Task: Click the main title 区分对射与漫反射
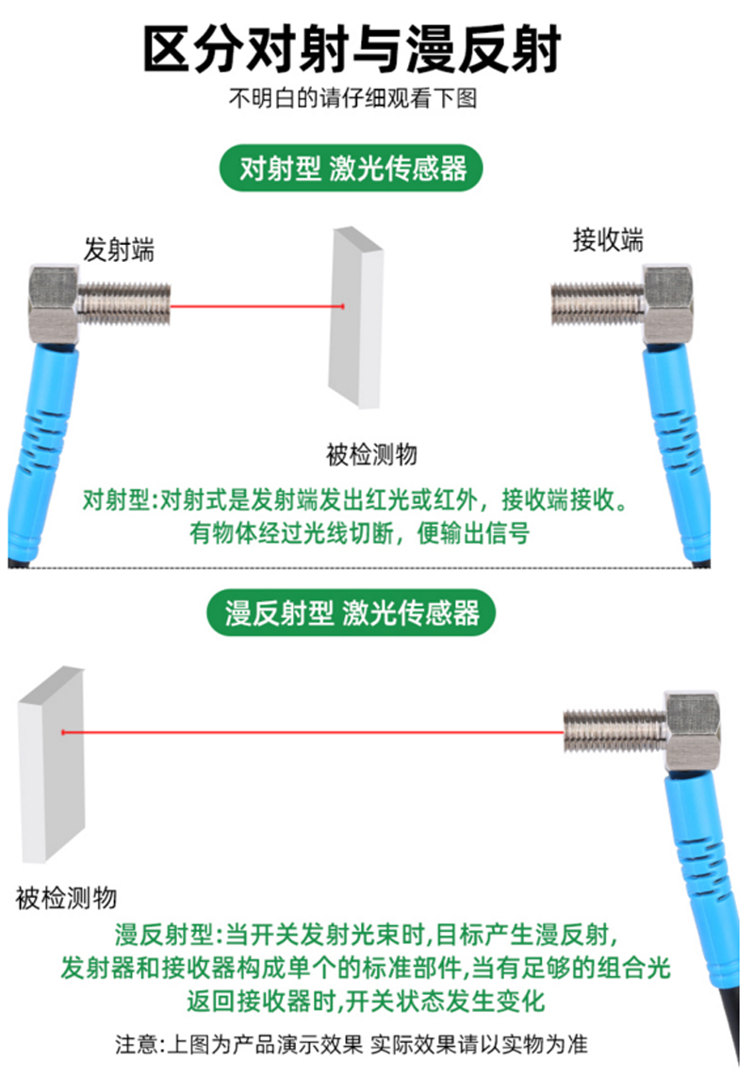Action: tap(352, 49)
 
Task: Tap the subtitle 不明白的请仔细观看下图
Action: tap(352, 98)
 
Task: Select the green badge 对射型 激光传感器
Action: tap(352, 168)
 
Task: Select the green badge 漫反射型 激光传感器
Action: tap(352, 612)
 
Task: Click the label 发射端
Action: tap(119, 250)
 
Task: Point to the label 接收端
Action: tap(608, 240)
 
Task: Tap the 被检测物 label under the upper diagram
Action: tap(372, 454)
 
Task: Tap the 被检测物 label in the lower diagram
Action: tap(66, 898)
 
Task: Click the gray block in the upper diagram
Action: tap(355, 318)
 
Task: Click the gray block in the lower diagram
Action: tap(52, 764)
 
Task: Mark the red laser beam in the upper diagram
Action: tap(257, 306)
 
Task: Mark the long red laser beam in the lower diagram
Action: tap(313, 732)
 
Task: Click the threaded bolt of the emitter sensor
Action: tap(123, 303)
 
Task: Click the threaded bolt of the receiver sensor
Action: tap(598, 303)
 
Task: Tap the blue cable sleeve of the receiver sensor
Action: tap(676, 453)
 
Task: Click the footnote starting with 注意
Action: tap(352, 1045)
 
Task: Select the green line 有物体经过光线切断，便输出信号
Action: tap(359, 533)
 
